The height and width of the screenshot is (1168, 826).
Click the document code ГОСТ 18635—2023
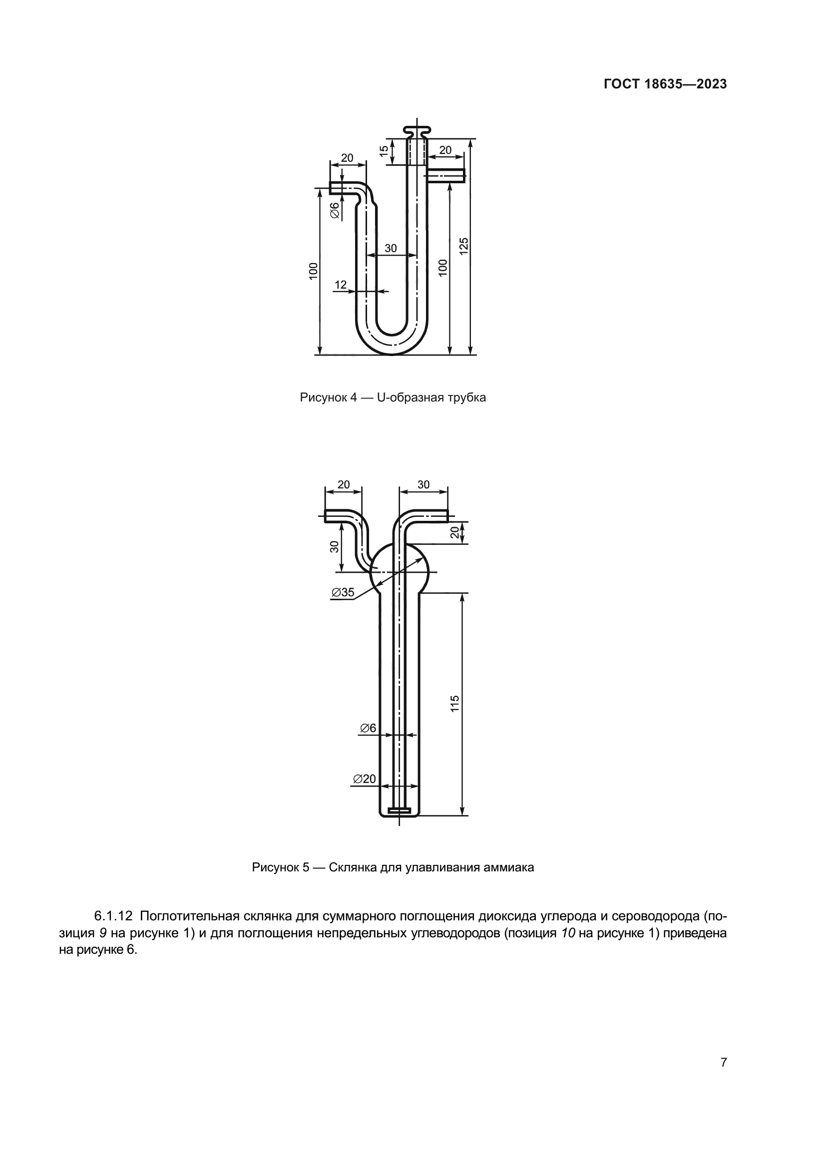(x=665, y=84)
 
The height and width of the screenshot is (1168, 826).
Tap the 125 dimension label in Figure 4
(x=463, y=246)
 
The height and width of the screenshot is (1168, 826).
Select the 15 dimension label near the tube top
(x=384, y=151)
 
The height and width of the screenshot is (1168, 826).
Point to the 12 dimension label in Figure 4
(x=340, y=285)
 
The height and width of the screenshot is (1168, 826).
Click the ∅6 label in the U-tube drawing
(x=335, y=210)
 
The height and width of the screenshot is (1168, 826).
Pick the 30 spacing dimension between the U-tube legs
(x=391, y=248)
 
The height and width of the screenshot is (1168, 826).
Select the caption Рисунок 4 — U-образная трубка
(x=393, y=397)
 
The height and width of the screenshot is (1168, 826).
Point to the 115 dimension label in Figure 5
(x=455, y=703)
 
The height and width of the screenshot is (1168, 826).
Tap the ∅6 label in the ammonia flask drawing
(x=368, y=728)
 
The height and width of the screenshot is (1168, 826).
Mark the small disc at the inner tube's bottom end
(x=400, y=809)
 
